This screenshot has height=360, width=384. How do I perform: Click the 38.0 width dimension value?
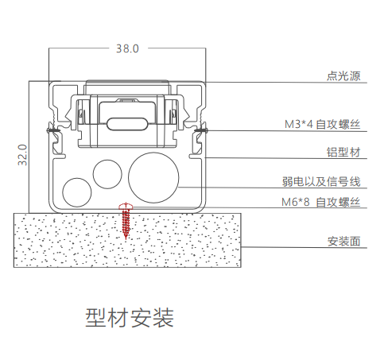coord(127,48)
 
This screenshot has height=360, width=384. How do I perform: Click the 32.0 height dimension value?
coord(24,153)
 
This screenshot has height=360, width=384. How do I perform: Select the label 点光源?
coord(343,77)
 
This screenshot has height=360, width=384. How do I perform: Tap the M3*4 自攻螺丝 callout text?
coord(323,125)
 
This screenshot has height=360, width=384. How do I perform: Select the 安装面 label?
coord(344,241)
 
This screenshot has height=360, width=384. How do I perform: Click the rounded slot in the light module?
coord(127,125)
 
